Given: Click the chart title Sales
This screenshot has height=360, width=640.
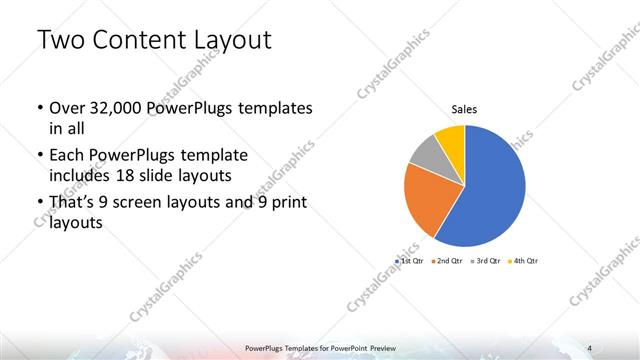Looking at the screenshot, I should click(463, 110).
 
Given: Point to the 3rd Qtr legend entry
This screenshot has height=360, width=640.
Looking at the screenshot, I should click(484, 260).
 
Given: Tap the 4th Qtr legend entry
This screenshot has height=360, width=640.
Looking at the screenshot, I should click(523, 260).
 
